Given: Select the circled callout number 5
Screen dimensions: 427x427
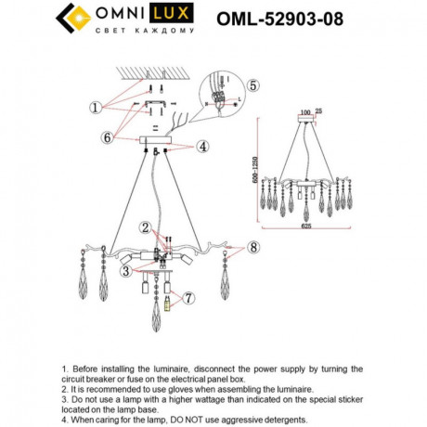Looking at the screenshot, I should (253, 84).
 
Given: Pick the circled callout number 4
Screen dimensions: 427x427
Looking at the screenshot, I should (202, 146).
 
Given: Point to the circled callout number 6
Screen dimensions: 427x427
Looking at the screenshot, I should (107, 137).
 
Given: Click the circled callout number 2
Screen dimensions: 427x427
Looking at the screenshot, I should (145, 226).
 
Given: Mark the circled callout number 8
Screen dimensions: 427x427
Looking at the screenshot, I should (252, 248).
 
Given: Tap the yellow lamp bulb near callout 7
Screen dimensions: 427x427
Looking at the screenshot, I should (169, 303).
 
